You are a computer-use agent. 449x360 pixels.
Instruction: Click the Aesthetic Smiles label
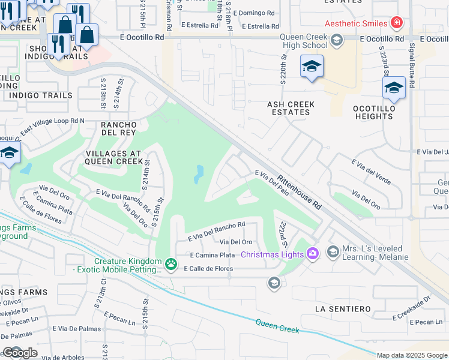point(355,24)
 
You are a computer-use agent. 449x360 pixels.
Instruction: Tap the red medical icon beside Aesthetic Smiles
point(396,23)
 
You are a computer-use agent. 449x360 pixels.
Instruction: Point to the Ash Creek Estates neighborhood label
point(291,108)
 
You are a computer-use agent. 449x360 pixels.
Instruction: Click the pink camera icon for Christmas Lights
point(312,254)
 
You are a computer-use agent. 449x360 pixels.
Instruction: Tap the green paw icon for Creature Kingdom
point(171,263)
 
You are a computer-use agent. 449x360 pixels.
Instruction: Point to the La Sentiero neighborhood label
point(343,308)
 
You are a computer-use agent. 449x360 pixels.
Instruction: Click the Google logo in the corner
point(20,353)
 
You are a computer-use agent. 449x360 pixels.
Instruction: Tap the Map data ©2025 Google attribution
point(412,355)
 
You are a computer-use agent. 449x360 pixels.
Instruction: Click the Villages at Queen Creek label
point(113,156)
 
